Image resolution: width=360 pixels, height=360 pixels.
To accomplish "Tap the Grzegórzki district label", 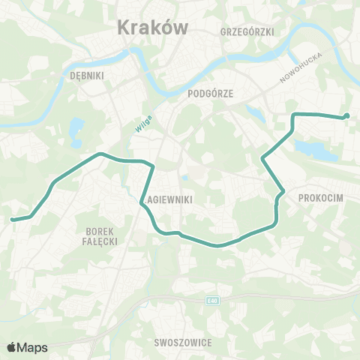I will pos(247,31).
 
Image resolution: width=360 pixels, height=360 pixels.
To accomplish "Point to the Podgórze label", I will pos(211,93).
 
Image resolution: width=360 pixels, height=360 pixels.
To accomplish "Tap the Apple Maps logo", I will pos(27,346).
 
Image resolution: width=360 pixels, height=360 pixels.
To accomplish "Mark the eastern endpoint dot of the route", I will pos(347,115).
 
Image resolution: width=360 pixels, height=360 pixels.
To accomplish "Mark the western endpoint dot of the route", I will pos(12,219).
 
